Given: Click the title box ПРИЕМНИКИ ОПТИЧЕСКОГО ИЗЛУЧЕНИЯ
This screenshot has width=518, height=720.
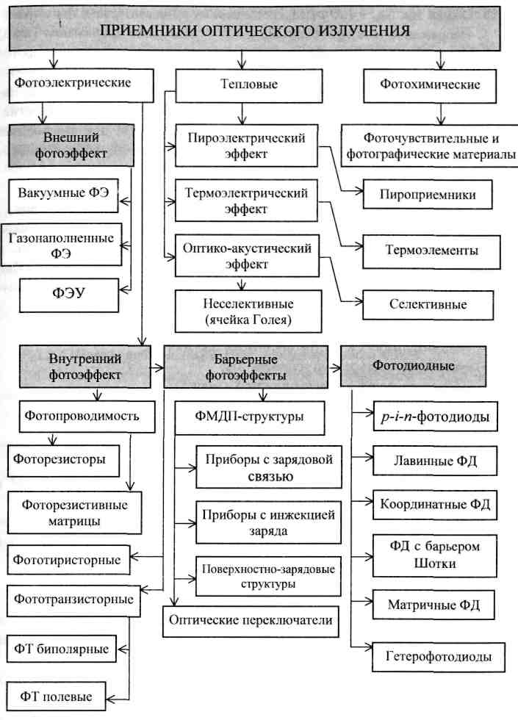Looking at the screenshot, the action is point(255,29).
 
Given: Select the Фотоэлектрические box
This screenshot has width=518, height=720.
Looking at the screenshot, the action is point(82,85).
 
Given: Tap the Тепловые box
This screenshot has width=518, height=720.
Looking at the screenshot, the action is point(249,85).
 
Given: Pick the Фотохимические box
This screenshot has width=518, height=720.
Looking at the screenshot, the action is point(430,85).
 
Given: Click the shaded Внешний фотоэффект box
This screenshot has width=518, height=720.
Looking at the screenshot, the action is point(71,145).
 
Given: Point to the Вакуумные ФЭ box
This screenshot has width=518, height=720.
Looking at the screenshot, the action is point(63,195).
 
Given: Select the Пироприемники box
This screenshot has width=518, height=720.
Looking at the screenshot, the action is point(428,194).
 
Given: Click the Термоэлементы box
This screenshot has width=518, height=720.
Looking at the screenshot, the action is point(432,251).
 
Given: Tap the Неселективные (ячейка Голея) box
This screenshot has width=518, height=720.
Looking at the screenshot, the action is point(248,312).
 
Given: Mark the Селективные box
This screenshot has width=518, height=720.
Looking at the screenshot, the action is point(428,305).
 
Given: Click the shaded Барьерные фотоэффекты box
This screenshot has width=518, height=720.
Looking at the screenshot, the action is point(246,367).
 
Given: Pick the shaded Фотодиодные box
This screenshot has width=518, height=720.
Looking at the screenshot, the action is point(413,366).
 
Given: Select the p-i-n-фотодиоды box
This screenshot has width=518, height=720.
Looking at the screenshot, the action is point(435,417).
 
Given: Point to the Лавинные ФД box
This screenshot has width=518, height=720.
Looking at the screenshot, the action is point(435,461).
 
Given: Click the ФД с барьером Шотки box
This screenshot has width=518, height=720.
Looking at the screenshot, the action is point(435,555).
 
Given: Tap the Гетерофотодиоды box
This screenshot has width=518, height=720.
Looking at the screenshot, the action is point(439,657).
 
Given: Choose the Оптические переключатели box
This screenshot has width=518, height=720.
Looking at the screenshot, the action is point(251,622).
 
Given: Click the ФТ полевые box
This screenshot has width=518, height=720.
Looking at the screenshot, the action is point(56,697).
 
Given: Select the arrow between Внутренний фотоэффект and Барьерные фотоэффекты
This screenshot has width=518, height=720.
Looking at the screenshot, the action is point(157,367).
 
